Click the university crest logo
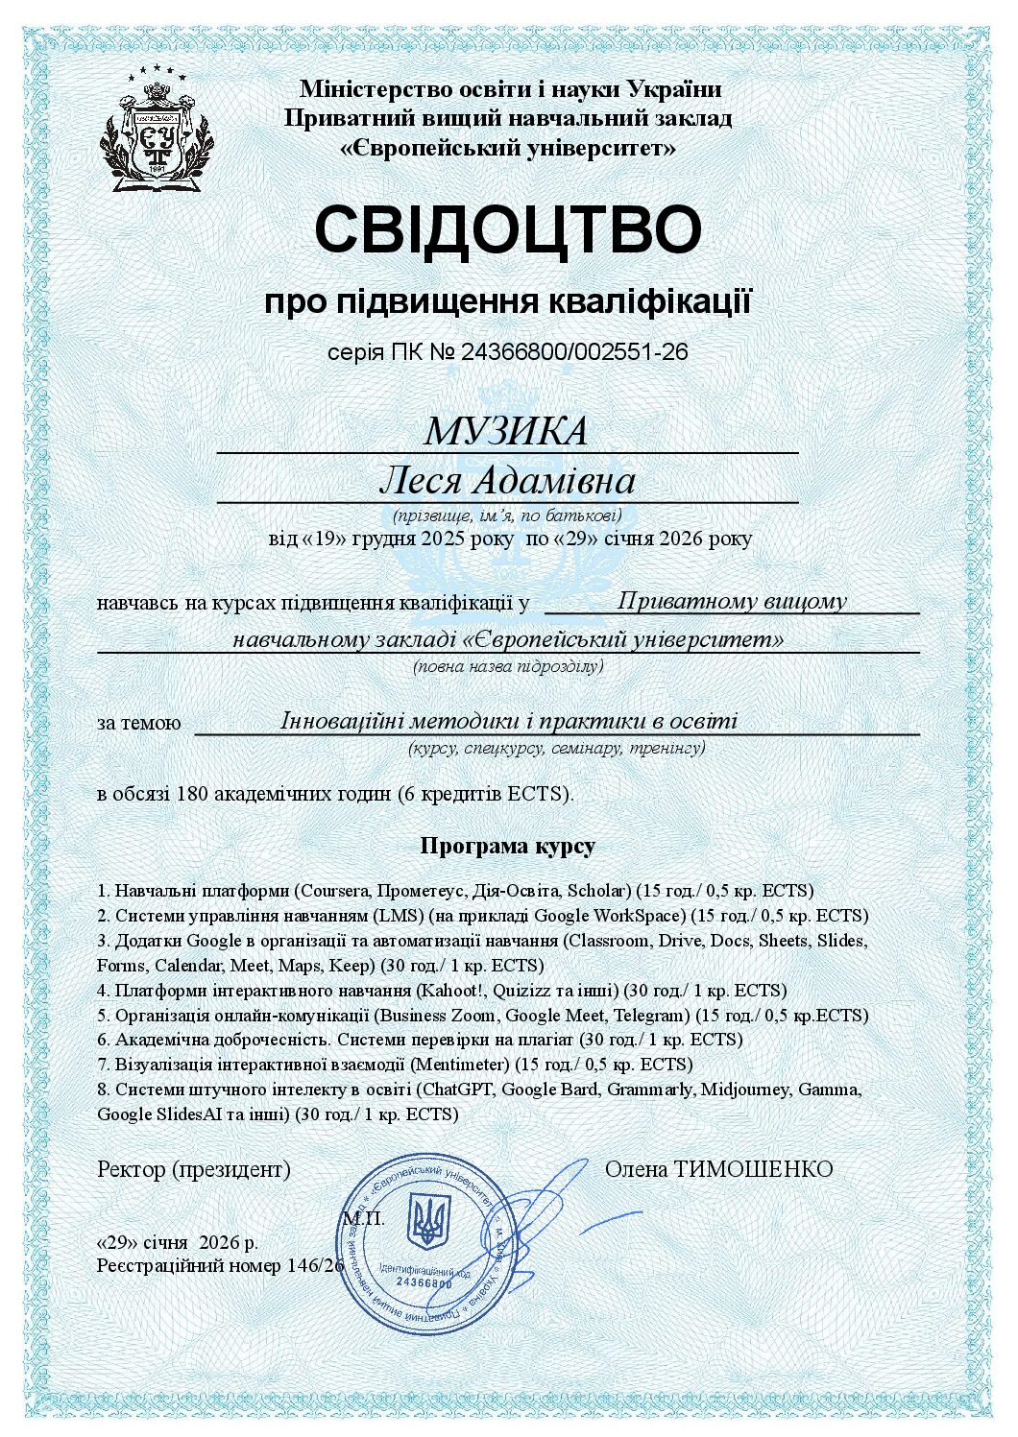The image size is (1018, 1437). point(158,129)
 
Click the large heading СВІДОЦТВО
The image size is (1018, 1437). point(508,228)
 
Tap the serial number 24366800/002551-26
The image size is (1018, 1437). point(574,351)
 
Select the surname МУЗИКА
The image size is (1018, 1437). point(506,431)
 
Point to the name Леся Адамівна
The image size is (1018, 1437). point(507,481)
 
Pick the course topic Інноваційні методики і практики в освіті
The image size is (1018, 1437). point(509,721)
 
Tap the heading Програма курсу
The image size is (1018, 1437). point(507,846)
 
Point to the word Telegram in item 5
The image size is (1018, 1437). point(652,1015)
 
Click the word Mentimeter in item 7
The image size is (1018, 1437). point(460,1065)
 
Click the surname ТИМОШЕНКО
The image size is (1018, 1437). point(753,1169)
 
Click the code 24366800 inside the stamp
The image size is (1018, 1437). point(424,1282)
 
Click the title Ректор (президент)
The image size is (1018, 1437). point(194,1169)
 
